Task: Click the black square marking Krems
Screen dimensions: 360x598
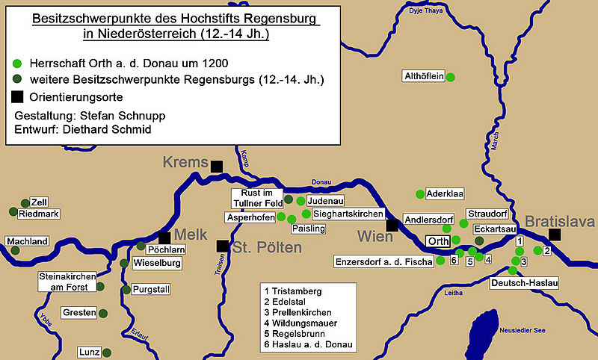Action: click(x=217, y=167)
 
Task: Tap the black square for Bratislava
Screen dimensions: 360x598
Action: click(x=554, y=235)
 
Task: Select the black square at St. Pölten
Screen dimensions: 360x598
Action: click(x=222, y=246)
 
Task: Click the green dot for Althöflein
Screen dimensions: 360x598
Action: click(x=451, y=76)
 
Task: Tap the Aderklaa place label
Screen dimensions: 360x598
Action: click(x=445, y=193)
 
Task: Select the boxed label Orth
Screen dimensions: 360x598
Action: click(x=438, y=241)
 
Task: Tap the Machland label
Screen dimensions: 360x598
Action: click(x=27, y=241)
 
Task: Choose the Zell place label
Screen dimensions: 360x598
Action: click(x=37, y=202)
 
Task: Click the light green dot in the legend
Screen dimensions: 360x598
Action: click(x=18, y=63)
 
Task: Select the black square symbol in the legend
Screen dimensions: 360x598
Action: click(x=18, y=96)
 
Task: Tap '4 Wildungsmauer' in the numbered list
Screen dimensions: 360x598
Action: click(x=300, y=322)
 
